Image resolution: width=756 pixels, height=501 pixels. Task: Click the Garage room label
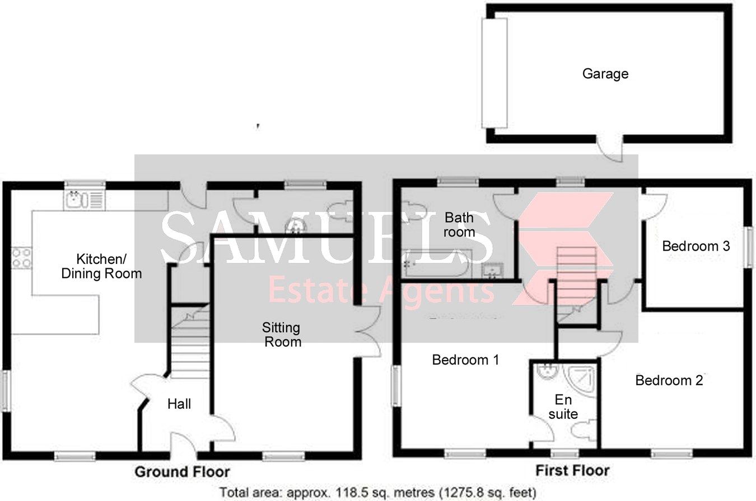605,73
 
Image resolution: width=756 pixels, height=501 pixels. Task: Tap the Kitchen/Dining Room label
101,266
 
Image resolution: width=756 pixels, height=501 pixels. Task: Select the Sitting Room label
283,334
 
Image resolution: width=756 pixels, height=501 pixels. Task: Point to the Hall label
179,404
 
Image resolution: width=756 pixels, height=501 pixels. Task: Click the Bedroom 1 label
465,360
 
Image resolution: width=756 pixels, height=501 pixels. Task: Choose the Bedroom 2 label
669,381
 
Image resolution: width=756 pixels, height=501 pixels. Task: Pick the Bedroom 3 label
696,246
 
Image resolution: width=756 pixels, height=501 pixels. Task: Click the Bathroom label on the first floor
459,224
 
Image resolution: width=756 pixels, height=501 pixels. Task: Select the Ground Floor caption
182,472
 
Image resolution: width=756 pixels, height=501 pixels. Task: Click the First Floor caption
572,470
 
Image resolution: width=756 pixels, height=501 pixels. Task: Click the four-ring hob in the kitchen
22,257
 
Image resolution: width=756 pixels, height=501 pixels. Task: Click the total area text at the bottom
378,493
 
